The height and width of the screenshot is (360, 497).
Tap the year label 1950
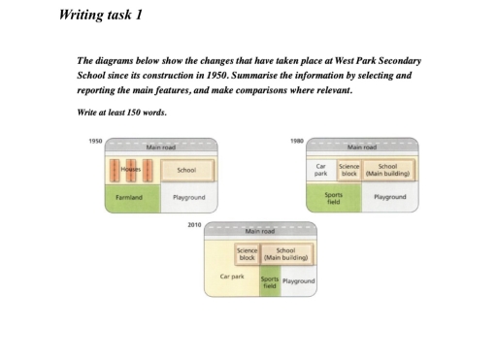(x=94, y=141)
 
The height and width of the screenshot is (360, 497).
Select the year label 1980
(x=296, y=141)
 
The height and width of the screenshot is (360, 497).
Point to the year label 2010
(x=197, y=223)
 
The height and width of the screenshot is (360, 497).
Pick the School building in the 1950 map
(x=187, y=170)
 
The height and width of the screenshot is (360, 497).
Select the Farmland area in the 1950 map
(x=129, y=197)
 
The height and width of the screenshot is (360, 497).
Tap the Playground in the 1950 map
(x=187, y=197)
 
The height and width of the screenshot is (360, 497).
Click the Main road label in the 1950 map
(x=160, y=147)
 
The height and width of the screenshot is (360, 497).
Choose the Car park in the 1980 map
(x=321, y=170)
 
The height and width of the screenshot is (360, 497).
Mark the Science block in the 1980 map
(x=348, y=170)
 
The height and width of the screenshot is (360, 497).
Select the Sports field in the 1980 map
(x=334, y=197)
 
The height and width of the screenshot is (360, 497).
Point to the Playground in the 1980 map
(x=389, y=197)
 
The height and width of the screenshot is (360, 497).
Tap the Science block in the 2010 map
(x=247, y=253)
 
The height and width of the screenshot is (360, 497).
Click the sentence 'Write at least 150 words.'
(x=121, y=113)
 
